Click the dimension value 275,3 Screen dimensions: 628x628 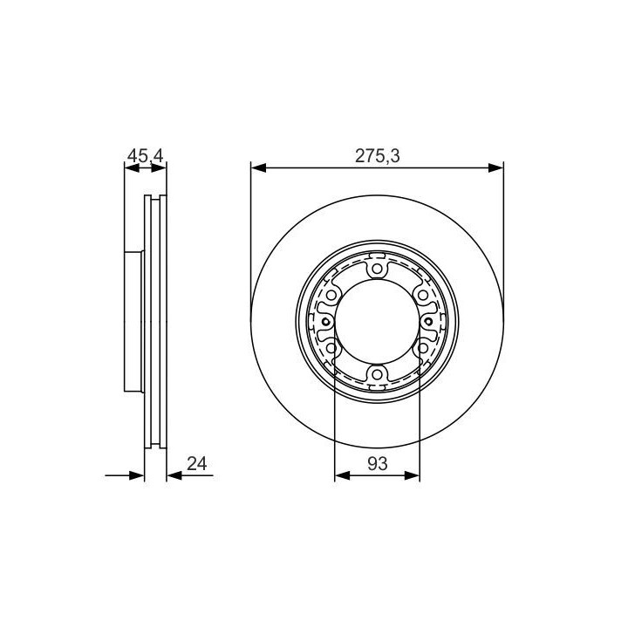(x=378, y=156)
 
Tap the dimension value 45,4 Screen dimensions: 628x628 (x=145, y=156)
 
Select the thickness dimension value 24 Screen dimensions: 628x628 (x=197, y=464)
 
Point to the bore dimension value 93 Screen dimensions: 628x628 (x=378, y=464)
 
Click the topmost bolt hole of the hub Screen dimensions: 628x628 (x=377, y=269)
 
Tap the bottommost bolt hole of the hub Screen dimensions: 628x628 (x=377, y=374)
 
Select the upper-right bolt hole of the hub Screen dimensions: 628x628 (x=423, y=295)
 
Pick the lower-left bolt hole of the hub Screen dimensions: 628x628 (x=331, y=348)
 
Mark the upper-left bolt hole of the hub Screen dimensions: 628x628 (x=331, y=295)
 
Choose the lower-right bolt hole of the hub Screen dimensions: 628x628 (x=423, y=348)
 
